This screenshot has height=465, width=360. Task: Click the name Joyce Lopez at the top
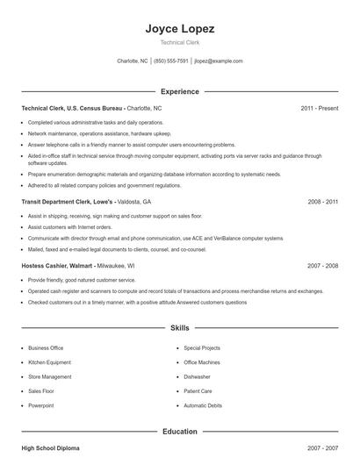click(179, 28)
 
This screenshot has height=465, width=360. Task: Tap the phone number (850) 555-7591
click(171, 61)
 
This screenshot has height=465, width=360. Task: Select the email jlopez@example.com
click(219, 61)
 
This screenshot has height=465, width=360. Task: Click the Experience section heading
click(179, 91)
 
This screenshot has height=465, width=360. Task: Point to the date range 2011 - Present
click(319, 108)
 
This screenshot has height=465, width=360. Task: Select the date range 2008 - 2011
click(322, 201)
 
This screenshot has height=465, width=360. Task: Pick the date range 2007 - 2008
click(322, 265)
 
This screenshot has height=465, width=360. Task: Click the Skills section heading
click(179, 328)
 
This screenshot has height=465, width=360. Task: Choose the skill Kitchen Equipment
click(49, 362)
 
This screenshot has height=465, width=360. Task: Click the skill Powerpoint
click(40, 406)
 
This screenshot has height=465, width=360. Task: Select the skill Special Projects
click(203, 347)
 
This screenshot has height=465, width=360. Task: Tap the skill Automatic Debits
click(203, 406)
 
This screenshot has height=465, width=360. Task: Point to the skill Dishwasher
click(198, 376)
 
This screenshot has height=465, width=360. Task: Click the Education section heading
click(179, 431)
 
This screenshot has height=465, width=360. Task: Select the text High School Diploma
click(50, 447)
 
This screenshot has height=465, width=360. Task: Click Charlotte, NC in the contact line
click(132, 61)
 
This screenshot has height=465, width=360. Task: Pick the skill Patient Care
click(198, 391)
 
